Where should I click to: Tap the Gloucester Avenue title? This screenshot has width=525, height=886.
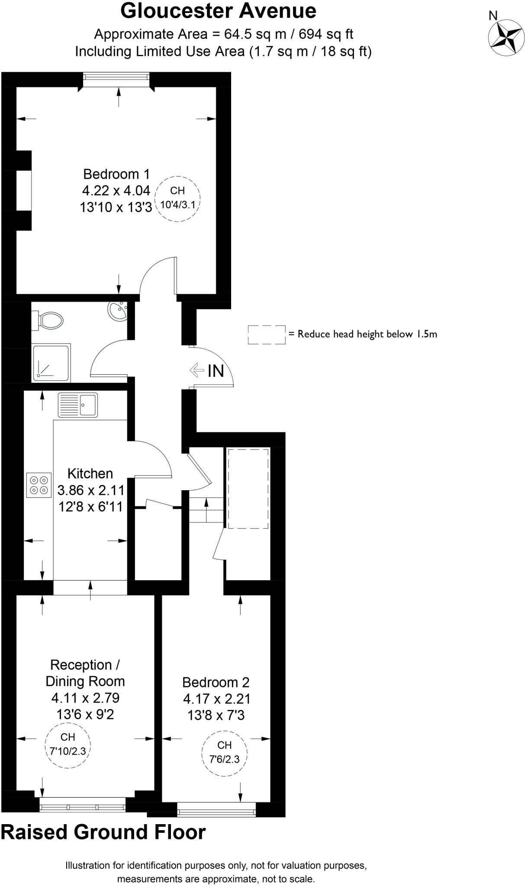pyautogui.click(x=218, y=11)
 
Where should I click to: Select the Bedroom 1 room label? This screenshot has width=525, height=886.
pyautogui.click(x=116, y=174)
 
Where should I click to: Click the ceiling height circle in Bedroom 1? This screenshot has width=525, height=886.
pyautogui.click(x=177, y=199)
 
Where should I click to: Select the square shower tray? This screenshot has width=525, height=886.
pyautogui.click(x=51, y=363)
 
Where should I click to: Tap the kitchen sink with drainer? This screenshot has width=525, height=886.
pyautogui.click(x=78, y=404)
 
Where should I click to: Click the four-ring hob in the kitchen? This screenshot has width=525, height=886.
pyautogui.click(x=38, y=485)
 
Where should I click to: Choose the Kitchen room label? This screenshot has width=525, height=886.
pyautogui.click(x=90, y=473)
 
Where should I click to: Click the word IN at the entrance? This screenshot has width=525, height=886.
pyautogui.click(x=216, y=371)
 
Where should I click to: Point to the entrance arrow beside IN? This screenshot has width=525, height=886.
pyautogui.click(x=196, y=370)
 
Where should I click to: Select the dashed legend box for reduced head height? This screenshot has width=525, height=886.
pyautogui.click(x=266, y=334)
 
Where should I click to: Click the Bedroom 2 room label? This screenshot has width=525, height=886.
pyautogui.click(x=216, y=682)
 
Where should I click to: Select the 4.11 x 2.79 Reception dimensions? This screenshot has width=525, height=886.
pyautogui.click(x=85, y=698)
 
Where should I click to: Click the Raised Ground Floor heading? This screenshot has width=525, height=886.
pyautogui.click(x=103, y=833)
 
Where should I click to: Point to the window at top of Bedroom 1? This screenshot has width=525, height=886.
pyautogui.click(x=117, y=77)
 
